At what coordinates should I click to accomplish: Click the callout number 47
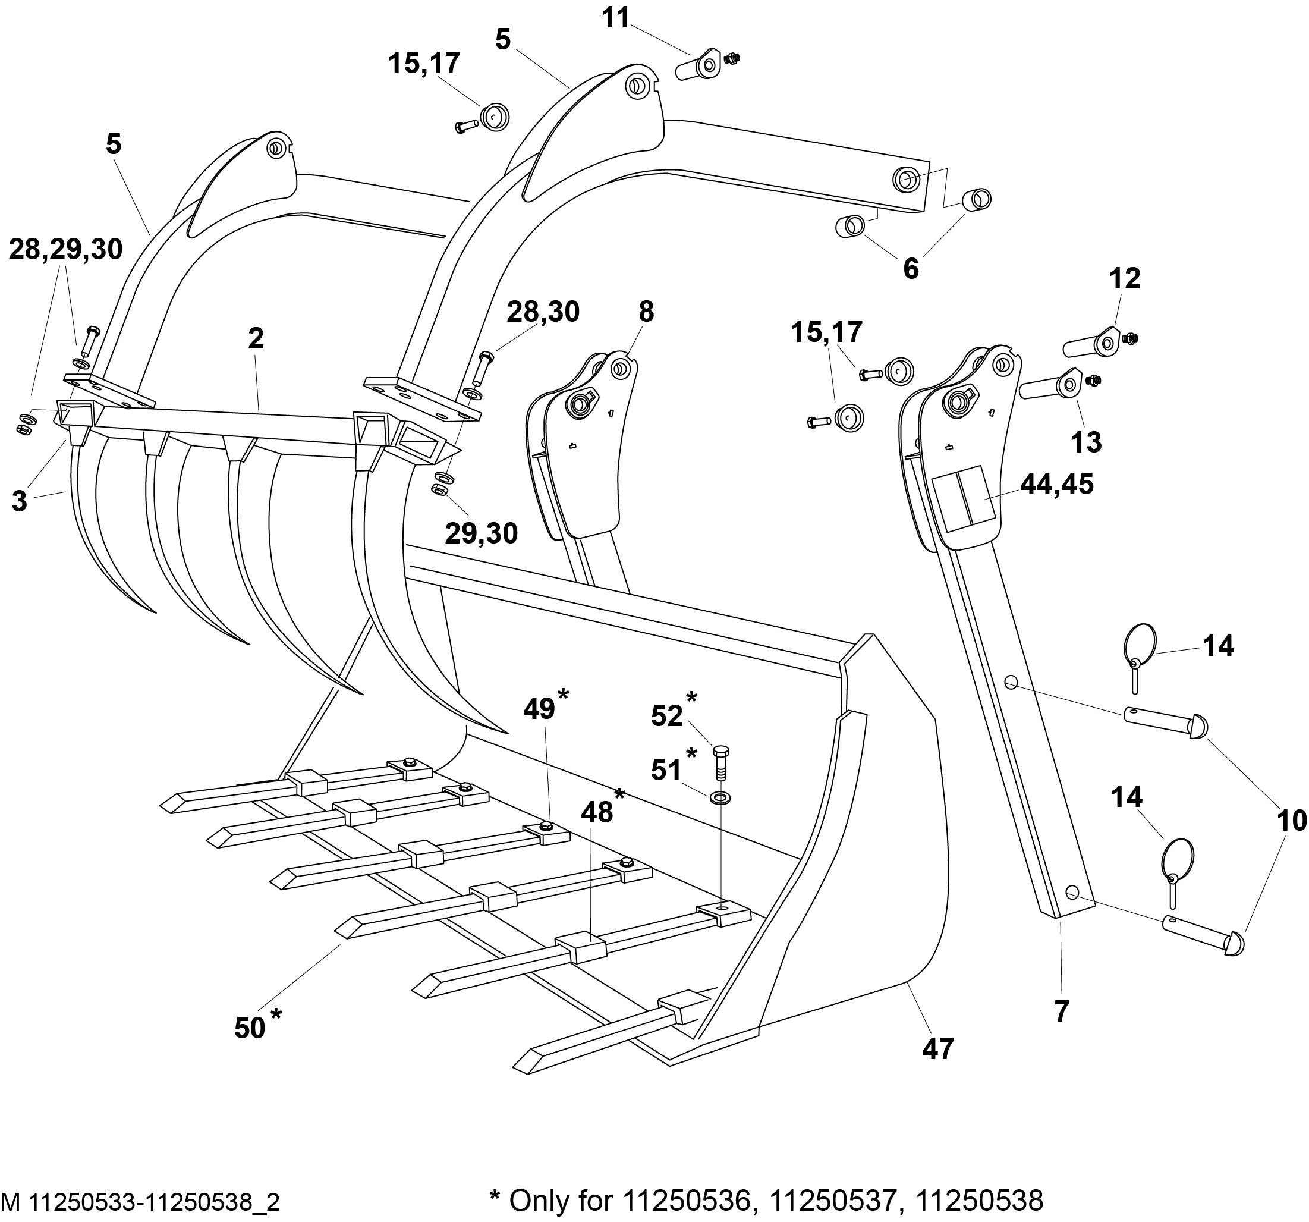tap(937, 1050)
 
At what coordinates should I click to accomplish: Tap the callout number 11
tap(616, 18)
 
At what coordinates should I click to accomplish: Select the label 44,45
tap(1057, 484)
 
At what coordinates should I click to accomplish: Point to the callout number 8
tap(646, 312)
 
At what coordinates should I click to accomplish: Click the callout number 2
tap(256, 338)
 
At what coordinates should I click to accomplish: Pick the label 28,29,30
tap(65, 250)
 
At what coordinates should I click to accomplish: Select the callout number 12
tap(1125, 279)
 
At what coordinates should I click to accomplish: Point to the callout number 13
tap(1086, 442)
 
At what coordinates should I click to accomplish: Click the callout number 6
tap(911, 269)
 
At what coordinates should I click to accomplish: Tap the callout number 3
tap(20, 501)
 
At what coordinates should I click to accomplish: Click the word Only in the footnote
tap(538, 1201)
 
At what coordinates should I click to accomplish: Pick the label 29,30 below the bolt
tap(482, 533)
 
